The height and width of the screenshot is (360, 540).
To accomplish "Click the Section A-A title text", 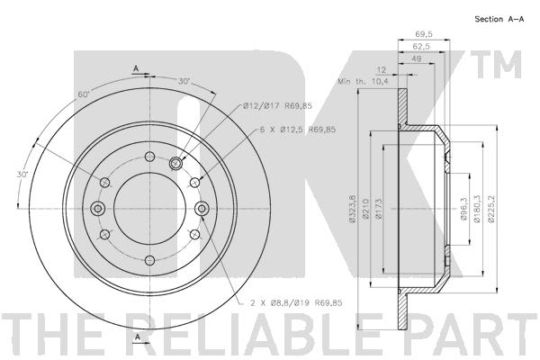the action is pyautogui.click(x=499, y=19).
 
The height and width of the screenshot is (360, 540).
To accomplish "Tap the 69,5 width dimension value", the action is pyautogui.click(x=424, y=34).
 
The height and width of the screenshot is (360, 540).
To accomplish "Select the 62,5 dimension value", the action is pyautogui.click(x=421, y=46).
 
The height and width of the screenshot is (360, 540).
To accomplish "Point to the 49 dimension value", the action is pyautogui.click(x=417, y=58).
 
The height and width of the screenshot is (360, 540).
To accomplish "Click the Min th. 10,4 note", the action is pyautogui.click(x=363, y=81).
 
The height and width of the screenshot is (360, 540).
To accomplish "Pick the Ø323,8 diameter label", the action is pyautogui.click(x=352, y=209).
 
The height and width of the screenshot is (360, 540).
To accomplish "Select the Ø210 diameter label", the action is pyautogui.click(x=365, y=209).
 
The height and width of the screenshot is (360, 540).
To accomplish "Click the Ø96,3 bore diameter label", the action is pyautogui.click(x=463, y=209).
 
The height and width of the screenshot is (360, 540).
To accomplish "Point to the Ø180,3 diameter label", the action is pyautogui.click(x=477, y=209).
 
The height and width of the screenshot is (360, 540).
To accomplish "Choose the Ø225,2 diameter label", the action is pyautogui.click(x=490, y=209).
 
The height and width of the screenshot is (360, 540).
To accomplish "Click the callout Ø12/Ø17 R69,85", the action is pyautogui.click(x=277, y=106).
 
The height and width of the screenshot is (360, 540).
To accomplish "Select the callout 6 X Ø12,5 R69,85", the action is pyautogui.click(x=298, y=130).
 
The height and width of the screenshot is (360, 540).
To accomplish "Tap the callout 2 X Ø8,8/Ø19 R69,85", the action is pyautogui.click(x=296, y=302).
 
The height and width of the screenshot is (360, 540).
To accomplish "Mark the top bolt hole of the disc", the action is pyautogui.click(x=149, y=157).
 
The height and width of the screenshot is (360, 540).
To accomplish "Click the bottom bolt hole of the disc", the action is pyautogui.click(x=149, y=260).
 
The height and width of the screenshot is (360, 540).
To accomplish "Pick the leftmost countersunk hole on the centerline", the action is pyautogui.click(x=98, y=208).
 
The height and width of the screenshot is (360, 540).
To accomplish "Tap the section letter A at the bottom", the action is pyautogui.click(x=138, y=337).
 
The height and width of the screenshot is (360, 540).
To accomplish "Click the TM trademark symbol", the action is pyautogui.click(x=496, y=65).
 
